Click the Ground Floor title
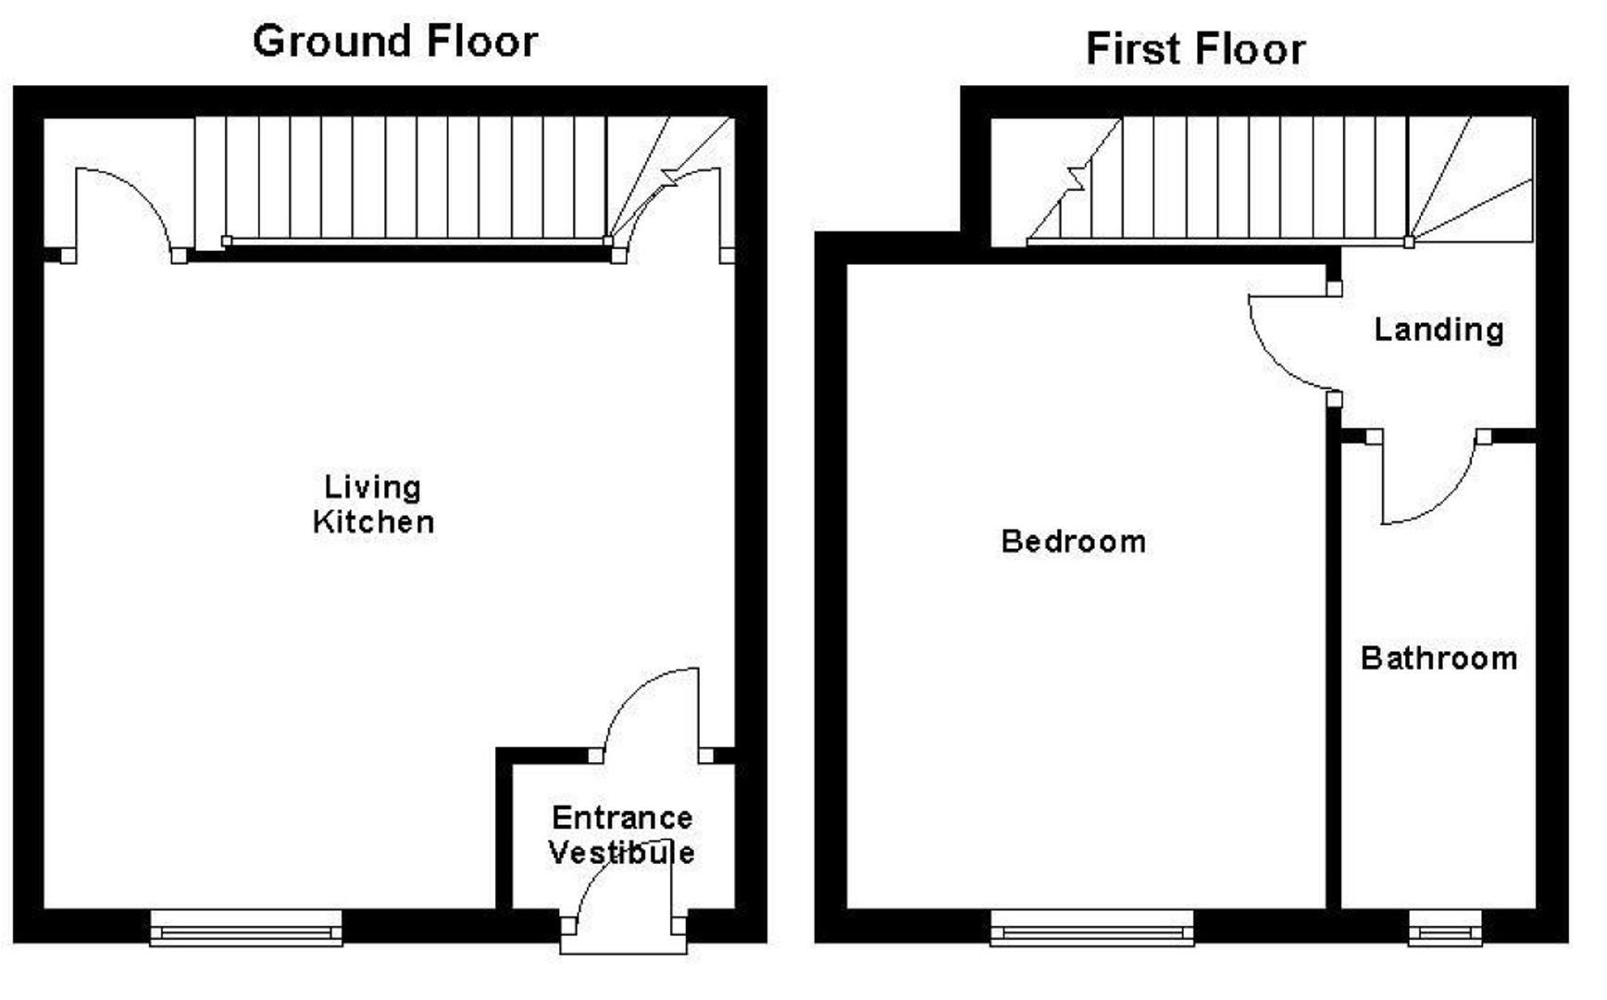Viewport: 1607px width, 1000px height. [395, 43]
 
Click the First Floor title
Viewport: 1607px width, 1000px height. [1195, 49]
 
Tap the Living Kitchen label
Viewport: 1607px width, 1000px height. [373, 505]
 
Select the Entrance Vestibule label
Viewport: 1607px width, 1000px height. [621, 835]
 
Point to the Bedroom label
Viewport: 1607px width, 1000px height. [1073, 542]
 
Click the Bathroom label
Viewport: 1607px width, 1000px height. [1439, 658]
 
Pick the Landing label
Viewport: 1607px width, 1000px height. [1439, 330]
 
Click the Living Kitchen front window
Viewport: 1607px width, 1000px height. [246, 927]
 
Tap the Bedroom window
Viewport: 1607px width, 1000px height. [1092, 927]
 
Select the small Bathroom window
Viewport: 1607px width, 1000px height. [1445, 928]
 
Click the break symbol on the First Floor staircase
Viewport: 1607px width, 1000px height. [1078, 178]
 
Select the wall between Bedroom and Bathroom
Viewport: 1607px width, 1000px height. [1334, 667]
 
